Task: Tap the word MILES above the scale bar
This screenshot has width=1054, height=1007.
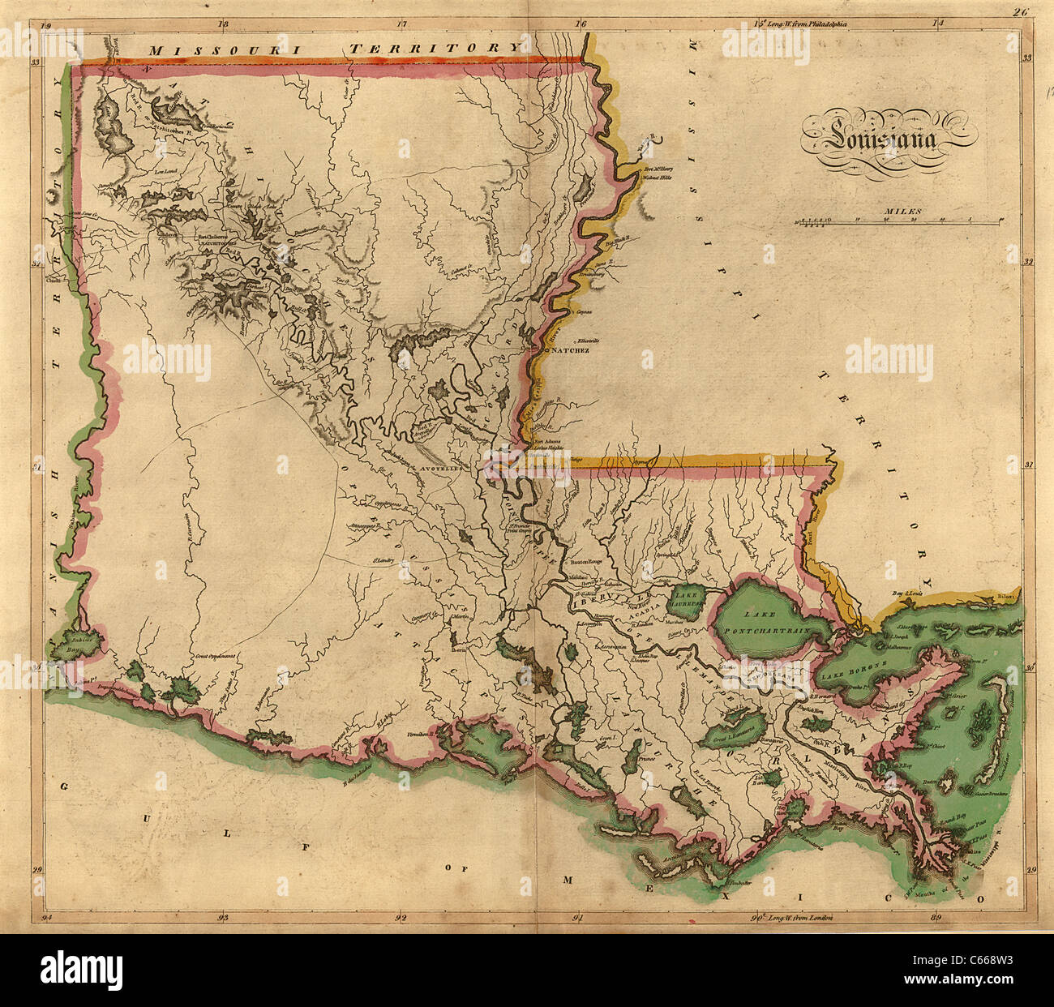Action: coord(903,212)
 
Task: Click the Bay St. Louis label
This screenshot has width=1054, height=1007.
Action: coord(908,593)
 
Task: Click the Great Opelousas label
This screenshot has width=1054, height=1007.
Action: coord(214,655)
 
